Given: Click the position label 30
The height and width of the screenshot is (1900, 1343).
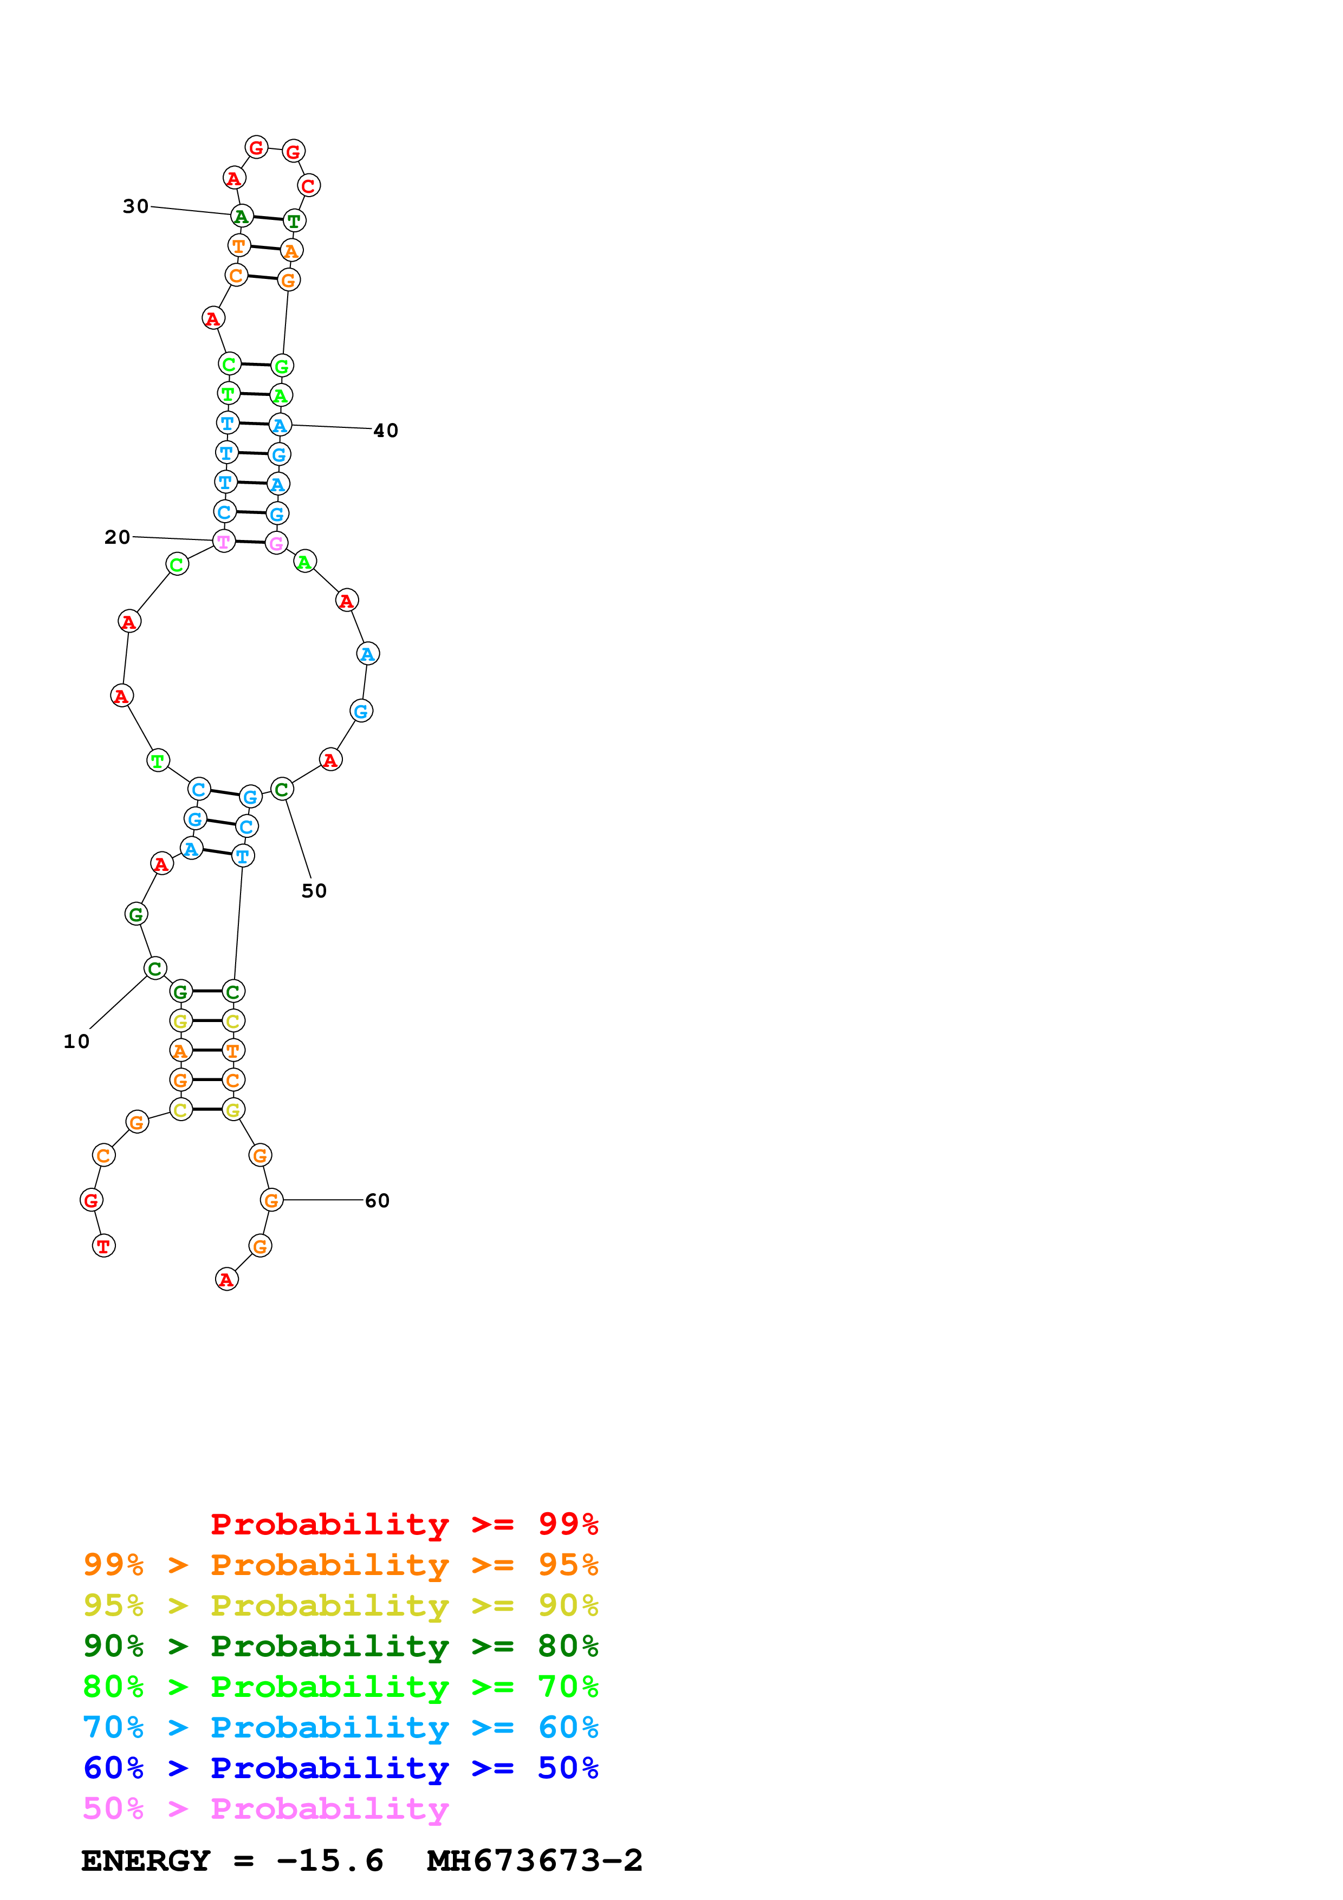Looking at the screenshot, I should click(x=135, y=206).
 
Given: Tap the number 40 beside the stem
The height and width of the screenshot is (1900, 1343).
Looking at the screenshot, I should click(x=386, y=430).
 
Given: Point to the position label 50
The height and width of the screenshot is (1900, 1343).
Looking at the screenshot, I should click(x=314, y=892).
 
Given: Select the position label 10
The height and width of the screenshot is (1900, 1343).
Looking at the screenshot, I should click(x=76, y=1042).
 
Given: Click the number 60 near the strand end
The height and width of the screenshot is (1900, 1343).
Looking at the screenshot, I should click(x=378, y=1201).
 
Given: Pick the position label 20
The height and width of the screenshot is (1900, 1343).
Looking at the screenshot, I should click(x=118, y=537).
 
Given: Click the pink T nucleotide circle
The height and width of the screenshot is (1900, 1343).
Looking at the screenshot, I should click(x=223, y=542).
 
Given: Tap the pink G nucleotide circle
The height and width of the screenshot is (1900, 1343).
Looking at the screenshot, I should click(x=276, y=544).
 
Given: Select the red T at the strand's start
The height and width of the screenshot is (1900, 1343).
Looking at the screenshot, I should click(x=103, y=1246).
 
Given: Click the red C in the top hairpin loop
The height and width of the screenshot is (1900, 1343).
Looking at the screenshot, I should click(x=309, y=186).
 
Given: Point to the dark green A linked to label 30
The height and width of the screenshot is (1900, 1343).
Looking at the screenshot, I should click(x=241, y=217).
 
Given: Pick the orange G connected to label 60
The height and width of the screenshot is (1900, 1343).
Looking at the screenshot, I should click(x=271, y=1200).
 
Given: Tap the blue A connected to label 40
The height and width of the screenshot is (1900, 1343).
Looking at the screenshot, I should click(x=281, y=425).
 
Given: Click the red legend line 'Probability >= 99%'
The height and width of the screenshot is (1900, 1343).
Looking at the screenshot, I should click(x=404, y=1524).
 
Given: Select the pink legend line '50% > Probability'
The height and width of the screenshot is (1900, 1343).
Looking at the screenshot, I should click(x=265, y=1809).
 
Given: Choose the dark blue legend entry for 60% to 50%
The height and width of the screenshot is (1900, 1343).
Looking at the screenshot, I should click(x=340, y=1768).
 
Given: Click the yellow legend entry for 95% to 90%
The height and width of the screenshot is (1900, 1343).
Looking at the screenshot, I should click(x=340, y=1605).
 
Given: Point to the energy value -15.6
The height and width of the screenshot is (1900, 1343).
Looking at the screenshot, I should click(x=330, y=1861).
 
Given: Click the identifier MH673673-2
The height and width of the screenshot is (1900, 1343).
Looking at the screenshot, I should click(x=535, y=1861).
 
